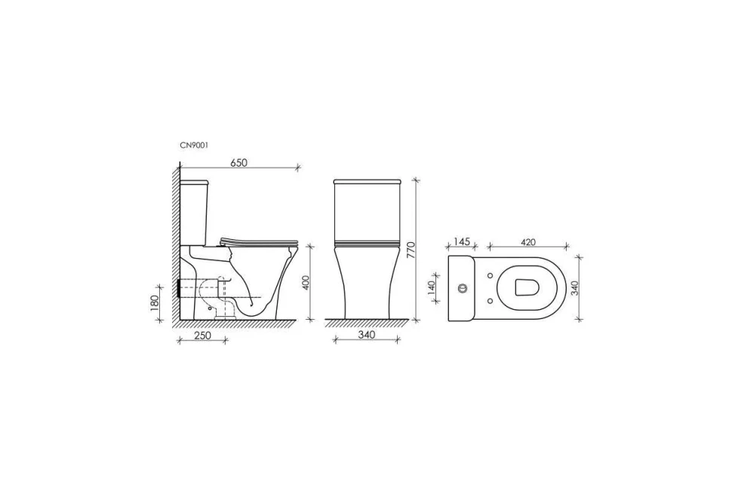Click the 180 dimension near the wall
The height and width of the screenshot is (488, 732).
pyautogui.click(x=155, y=302)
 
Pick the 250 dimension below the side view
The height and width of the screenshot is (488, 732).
pyautogui.click(x=202, y=335)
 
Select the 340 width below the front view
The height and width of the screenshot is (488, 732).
pyautogui.click(x=367, y=335)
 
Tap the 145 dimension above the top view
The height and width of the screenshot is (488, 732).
pyautogui.click(x=461, y=241)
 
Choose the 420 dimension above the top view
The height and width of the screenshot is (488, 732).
pyautogui.click(x=527, y=241)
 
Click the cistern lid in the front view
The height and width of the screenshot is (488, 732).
pyautogui.click(x=367, y=182)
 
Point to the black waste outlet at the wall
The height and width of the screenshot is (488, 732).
pyautogui.click(x=180, y=287)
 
